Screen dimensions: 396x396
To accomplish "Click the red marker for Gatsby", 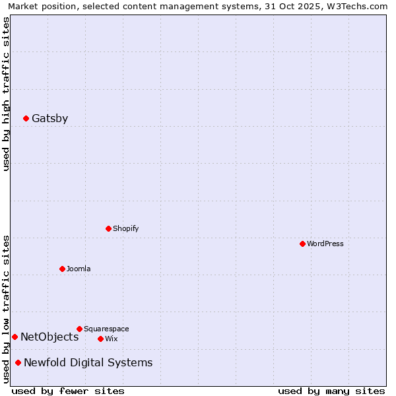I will (x=26, y=119).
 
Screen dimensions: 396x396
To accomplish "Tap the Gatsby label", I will (x=49, y=119).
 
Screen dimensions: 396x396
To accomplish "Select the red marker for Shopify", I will (x=108, y=229).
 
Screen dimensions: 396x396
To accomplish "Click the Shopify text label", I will (x=125, y=229).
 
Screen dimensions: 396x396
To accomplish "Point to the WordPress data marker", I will (x=302, y=244).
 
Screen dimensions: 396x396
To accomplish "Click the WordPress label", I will (x=325, y=244).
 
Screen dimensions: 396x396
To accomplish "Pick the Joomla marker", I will (x=62, y=269).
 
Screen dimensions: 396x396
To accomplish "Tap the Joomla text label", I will (x=79, y=269).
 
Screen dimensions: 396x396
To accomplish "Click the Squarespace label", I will (x=106, y=329).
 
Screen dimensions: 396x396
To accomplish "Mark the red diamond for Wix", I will (x=100, y=339).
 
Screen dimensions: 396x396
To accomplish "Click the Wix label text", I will (x=111, y=339).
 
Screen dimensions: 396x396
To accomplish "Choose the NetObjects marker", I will (x=15, y=337).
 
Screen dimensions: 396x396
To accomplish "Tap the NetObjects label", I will (x=49, y=337).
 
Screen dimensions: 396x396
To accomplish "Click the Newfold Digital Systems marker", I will (x=18, y=363).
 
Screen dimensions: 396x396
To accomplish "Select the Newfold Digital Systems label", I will (x=88, y=363).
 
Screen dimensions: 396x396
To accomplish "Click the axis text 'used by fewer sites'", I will (x=68, y=391).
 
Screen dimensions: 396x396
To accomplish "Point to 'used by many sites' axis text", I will (x=331, y=391).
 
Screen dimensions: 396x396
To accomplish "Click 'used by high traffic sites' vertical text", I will (x=6, y=94).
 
